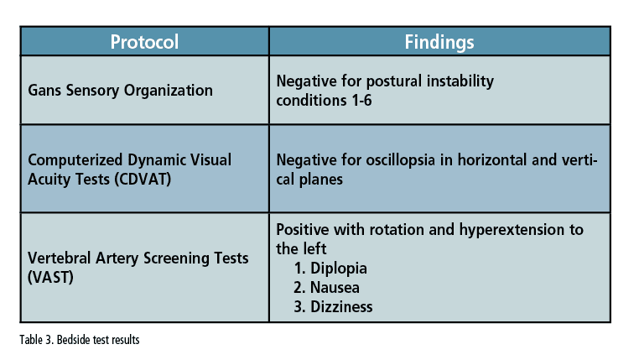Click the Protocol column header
point(144,42)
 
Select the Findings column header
point(439,42)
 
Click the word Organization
point(169,91)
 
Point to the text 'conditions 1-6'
point(324,101)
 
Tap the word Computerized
point(75,159)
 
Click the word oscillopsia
point(400,159)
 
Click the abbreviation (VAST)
point(50,277)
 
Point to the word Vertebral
point(59,258)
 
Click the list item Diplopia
point(330,269)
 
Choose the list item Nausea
point(326,288)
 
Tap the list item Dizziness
point(333,306)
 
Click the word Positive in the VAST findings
point(303,230)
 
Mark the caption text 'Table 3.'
point(37,340)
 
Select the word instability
point(460,81)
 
